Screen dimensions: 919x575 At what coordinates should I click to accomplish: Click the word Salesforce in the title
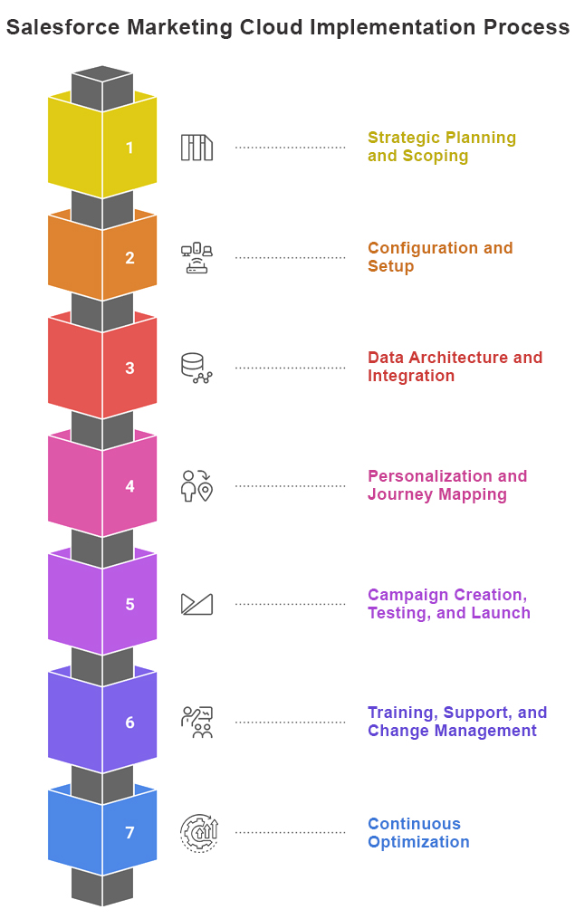pos(62,27)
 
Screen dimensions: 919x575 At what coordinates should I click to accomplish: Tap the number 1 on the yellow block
pos(129,148)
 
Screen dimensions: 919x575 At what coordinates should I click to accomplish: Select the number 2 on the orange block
pos(129,258)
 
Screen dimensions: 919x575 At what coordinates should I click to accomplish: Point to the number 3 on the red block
pos(129,369)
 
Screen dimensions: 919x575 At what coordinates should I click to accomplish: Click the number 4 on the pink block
pos(129,486)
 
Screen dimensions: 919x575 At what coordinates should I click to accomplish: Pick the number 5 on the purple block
pos(129,604)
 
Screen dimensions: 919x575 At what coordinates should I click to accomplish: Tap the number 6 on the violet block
pos(129,723)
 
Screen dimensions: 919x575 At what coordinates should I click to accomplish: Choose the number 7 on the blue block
pos(129,833)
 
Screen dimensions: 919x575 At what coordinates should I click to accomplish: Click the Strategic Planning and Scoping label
pos(441,147)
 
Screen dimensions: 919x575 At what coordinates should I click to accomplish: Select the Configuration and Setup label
pos(439,257)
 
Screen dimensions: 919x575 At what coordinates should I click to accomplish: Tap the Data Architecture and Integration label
pos(455,367)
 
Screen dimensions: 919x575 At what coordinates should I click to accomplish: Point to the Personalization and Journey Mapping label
pos(446,485)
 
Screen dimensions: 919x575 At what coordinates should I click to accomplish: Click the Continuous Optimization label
pos(417,833)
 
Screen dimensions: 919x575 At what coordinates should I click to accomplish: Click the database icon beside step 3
pos(196,368)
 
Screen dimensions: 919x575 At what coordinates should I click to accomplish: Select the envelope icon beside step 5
pos(196,604)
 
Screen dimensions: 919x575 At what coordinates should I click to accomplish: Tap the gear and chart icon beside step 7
pos(197,832)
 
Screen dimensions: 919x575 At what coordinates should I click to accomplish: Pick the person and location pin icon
pos(196,485)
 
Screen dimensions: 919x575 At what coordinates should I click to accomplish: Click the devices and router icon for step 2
pos(196,258)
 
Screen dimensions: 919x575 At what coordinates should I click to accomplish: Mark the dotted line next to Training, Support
pos(290,723)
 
